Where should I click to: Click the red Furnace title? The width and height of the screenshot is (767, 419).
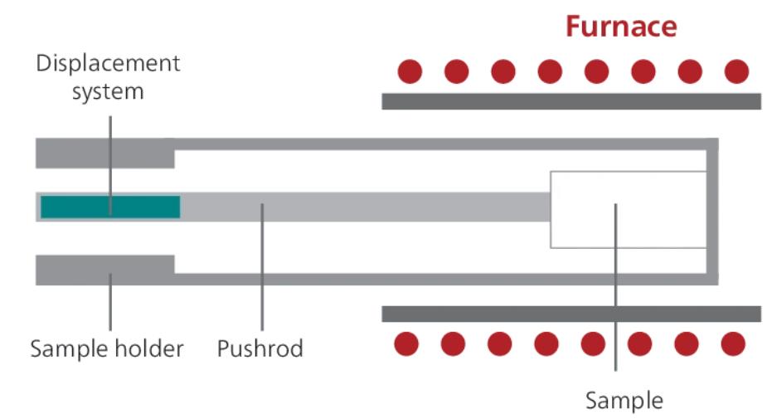(621, 27)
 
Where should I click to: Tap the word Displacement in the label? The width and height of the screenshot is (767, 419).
(108, 64)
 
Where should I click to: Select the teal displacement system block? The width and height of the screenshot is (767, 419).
(110, 207)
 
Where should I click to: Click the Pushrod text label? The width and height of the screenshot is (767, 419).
(260, 348)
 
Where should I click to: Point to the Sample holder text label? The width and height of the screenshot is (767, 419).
(107, 348)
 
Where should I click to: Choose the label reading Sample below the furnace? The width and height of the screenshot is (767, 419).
(624, 401)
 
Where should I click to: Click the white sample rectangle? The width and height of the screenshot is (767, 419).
(628, 209)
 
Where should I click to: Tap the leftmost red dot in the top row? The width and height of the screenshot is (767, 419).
(410, 72)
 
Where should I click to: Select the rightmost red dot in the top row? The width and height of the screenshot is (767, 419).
(736, 72)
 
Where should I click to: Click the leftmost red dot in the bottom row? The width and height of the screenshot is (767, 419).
(405, 343)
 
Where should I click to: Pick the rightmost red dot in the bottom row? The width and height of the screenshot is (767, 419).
(733, 343)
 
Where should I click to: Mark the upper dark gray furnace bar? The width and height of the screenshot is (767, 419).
(570, 101)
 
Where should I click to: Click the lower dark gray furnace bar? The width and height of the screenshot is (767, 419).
(570, 314)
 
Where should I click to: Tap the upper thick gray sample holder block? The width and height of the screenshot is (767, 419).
(104, 153)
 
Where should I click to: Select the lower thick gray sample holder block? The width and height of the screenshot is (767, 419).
(104, 270)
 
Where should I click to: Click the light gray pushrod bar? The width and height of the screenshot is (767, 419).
(365, 207)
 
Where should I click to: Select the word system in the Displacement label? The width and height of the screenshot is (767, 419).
(108, 91)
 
